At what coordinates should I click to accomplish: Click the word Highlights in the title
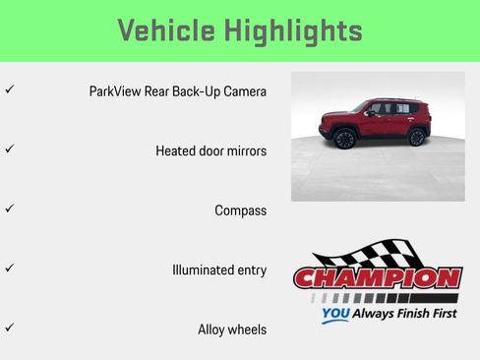pyautogui.click(x=292, y=30)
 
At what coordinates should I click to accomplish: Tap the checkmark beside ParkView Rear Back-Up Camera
pyautogui.click(x=9, y=90)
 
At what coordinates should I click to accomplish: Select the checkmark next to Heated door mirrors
pyautogui.click(x=9, y=150)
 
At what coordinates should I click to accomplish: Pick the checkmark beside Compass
pyautogui.click(x=9, y=209)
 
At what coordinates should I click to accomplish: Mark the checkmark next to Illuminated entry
pyautogui.click(x=9, y=268)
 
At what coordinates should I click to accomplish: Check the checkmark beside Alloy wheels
pyautogui.click(x=9, y=328)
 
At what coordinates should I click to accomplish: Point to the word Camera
pyautogui.click(x=242, y=91)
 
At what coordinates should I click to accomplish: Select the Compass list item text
pyautogui.click(x=240, y=210)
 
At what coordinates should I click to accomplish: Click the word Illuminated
pyautogui.click(x=203, y=270)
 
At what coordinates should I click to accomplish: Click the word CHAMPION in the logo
pyautogui.click(x=378, y=278)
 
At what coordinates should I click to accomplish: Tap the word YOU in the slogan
pyautogui.click(x=335, y=316)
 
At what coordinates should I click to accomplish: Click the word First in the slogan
pyautogui.click(x=440, y=315)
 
